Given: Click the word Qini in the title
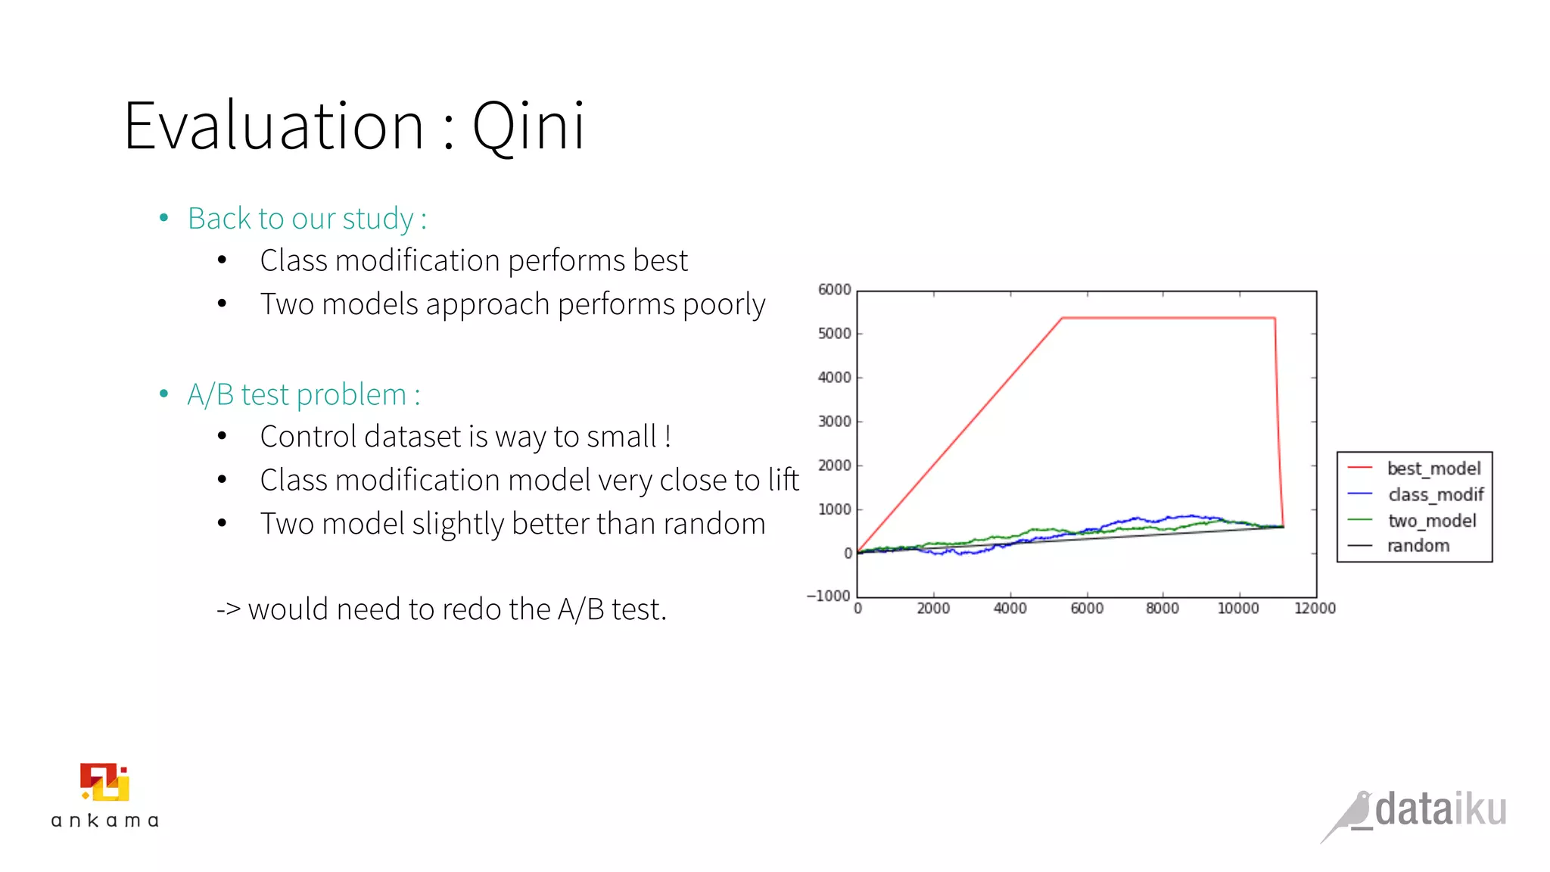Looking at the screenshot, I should click(x=528, y=126).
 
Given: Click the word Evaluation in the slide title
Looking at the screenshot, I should click(x=273, y=126).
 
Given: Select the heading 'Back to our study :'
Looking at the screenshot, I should click(x=307, y=219).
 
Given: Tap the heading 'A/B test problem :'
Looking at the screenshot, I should click(x=303, y=395).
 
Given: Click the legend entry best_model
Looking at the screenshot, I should click(x=1433, y=469).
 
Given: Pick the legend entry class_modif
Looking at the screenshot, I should click(x=1435, y=494).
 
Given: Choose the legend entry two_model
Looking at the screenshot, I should click(x=1431, y=521).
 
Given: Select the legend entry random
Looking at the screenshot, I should click(x=1418, y=546).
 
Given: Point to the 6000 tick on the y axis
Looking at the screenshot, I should click(x=834, y=290).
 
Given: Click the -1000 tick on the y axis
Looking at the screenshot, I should click(x=829, y=596).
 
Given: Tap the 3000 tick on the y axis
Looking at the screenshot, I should click(x=834, y=422).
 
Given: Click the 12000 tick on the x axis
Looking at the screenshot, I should click(x=1315, y=609).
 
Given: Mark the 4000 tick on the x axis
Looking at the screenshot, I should click(x=1010, y=609).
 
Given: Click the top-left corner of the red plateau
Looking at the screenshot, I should click(x=1063, y=318).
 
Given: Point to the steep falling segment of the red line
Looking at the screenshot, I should click(x=1279, y=424).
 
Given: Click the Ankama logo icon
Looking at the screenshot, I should click(x=104, y=782).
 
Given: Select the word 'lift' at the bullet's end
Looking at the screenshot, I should click(x=783, y=480).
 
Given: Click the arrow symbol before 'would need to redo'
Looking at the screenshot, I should click(x=228, y=609).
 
